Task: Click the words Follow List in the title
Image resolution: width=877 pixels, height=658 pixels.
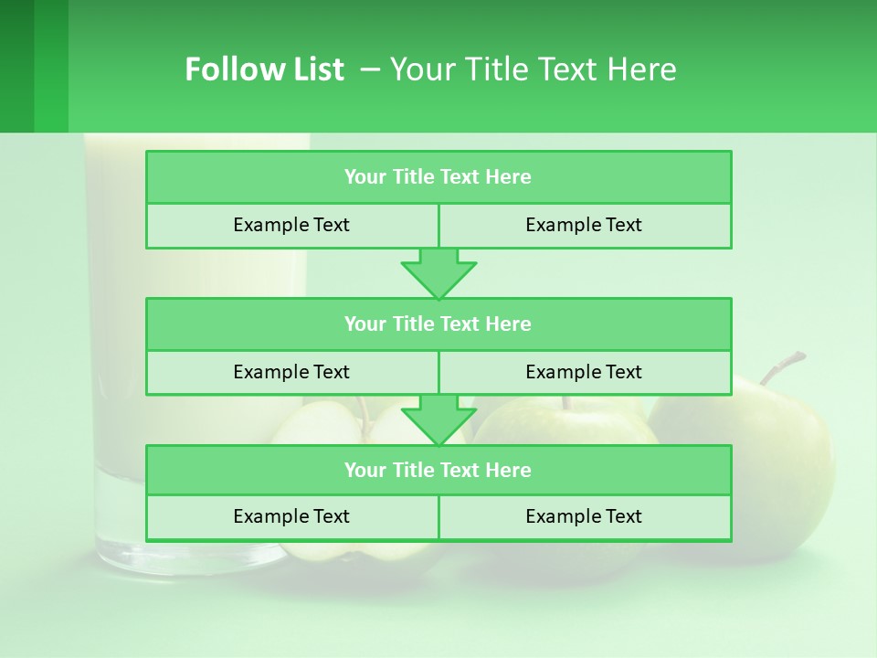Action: [264, 69]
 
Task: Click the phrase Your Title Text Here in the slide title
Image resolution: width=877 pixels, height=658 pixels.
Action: [533, 69]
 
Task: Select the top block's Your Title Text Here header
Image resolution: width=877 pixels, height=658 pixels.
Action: [438, 177]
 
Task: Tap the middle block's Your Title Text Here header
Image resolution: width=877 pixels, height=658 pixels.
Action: [438, 324]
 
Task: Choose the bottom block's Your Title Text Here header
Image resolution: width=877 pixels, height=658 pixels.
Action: [438, 470]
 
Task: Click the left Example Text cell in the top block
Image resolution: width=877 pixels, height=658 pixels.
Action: [291, 225]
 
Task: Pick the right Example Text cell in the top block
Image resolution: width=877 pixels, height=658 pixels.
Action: [584, 225]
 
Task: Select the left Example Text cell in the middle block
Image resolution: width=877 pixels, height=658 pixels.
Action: [291, 372]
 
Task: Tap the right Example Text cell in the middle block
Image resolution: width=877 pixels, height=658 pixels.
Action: [584, 372]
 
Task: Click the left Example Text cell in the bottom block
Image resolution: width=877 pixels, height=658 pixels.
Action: [291, 516]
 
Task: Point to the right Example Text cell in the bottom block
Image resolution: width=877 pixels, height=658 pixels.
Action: [584, 516]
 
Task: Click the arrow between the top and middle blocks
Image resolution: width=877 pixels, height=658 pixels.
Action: [438, 273]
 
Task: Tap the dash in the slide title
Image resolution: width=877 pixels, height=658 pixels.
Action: [370, 69]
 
